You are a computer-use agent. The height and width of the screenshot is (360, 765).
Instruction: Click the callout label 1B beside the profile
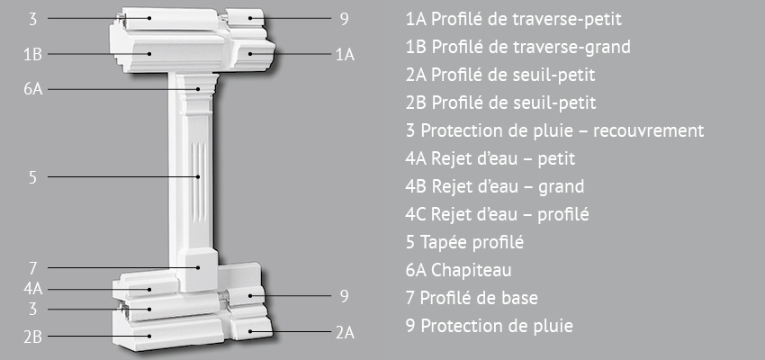(32, 54)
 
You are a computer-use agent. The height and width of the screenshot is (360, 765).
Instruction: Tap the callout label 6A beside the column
(33, 90)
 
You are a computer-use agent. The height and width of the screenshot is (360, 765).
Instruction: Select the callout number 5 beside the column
(32, 177)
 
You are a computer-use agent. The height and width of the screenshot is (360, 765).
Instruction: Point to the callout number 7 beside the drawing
(32, 268)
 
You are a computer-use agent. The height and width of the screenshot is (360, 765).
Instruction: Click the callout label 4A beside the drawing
(33, 289)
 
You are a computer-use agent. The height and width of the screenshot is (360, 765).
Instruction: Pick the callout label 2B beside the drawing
(32, 337)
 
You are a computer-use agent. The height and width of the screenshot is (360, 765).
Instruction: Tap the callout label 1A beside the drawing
(345, 55)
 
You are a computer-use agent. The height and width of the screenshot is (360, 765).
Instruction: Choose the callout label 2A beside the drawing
(345, 333)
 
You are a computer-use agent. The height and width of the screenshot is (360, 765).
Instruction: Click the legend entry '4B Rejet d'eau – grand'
(495, 186)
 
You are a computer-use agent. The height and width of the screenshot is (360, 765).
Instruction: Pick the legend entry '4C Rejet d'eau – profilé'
(497, 214)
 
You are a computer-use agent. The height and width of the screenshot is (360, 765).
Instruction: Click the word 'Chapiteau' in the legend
(471, 270)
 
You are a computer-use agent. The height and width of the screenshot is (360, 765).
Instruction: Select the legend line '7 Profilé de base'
(472, 298)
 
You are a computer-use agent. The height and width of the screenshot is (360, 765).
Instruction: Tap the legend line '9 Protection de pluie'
(490, 326)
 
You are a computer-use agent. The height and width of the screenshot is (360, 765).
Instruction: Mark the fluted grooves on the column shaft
(199, 176)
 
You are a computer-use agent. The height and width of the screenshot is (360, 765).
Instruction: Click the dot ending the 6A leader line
(199, 89)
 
